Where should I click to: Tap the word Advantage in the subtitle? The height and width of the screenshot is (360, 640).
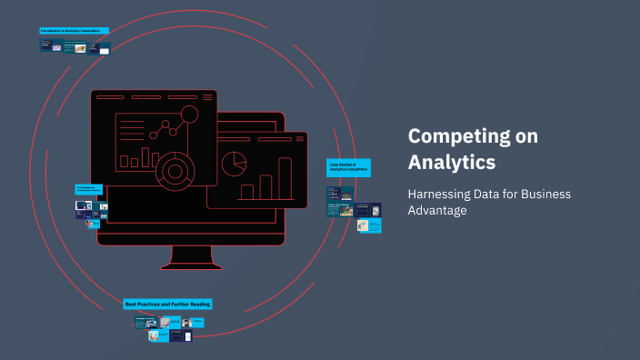438,211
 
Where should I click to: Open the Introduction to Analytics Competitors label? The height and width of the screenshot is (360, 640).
74,30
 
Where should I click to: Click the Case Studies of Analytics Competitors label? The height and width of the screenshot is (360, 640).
348,167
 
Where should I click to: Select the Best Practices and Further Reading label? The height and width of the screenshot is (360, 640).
167,304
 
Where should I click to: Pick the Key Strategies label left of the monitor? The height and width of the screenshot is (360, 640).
90,189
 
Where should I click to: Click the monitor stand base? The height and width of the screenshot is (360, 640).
191,266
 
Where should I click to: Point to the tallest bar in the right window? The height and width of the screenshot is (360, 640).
285,178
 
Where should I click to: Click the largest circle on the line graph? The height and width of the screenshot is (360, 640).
189,115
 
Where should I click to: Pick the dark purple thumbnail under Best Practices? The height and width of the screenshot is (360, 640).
181,335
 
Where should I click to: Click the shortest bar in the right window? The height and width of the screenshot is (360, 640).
246,192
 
